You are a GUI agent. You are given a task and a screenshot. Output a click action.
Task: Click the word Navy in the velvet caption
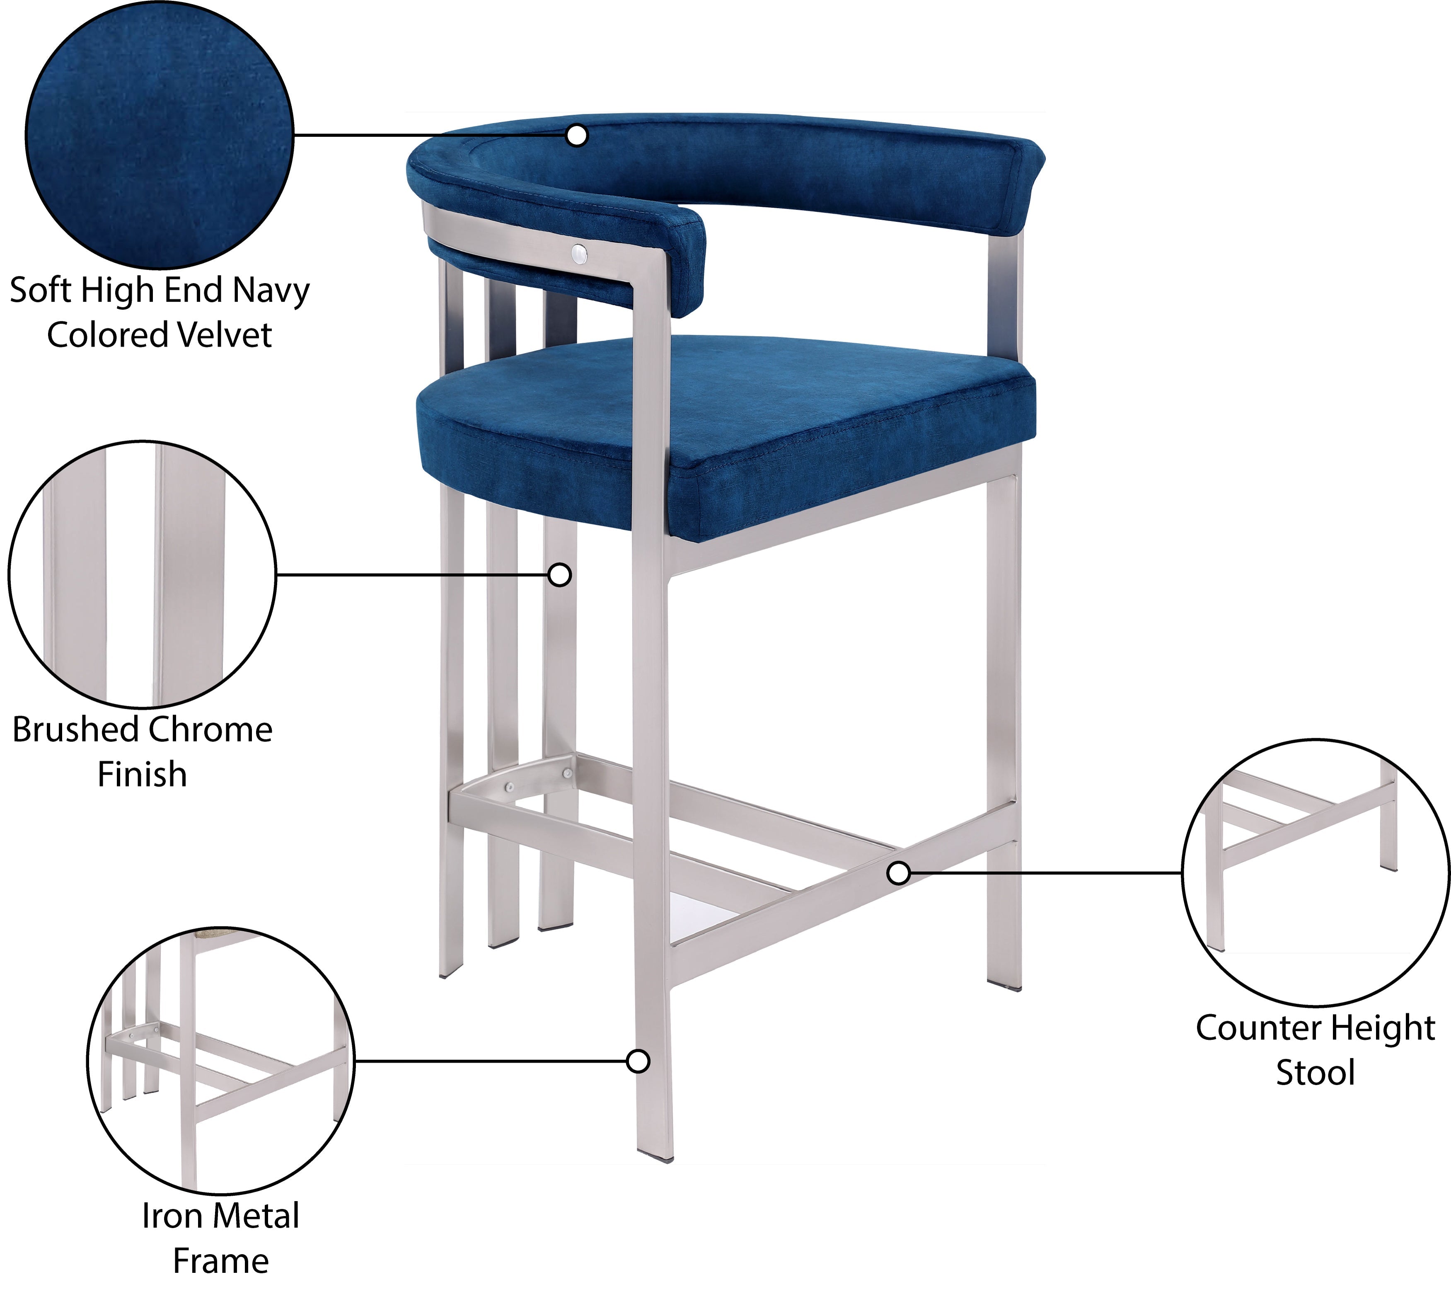[272, 291]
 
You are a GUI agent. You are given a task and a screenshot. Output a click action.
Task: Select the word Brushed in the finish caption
[75, 729]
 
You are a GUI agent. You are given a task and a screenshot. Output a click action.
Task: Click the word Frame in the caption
[221, 1260]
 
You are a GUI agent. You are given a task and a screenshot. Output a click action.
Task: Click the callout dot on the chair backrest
[578, 135]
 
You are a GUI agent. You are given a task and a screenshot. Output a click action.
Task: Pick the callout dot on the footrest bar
[899, 873]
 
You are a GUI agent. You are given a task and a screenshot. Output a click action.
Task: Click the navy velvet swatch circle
[160, 135]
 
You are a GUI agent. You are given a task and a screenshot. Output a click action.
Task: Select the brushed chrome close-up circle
[142, 574]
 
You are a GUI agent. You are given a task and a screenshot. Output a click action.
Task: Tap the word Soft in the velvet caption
[41, 291]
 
